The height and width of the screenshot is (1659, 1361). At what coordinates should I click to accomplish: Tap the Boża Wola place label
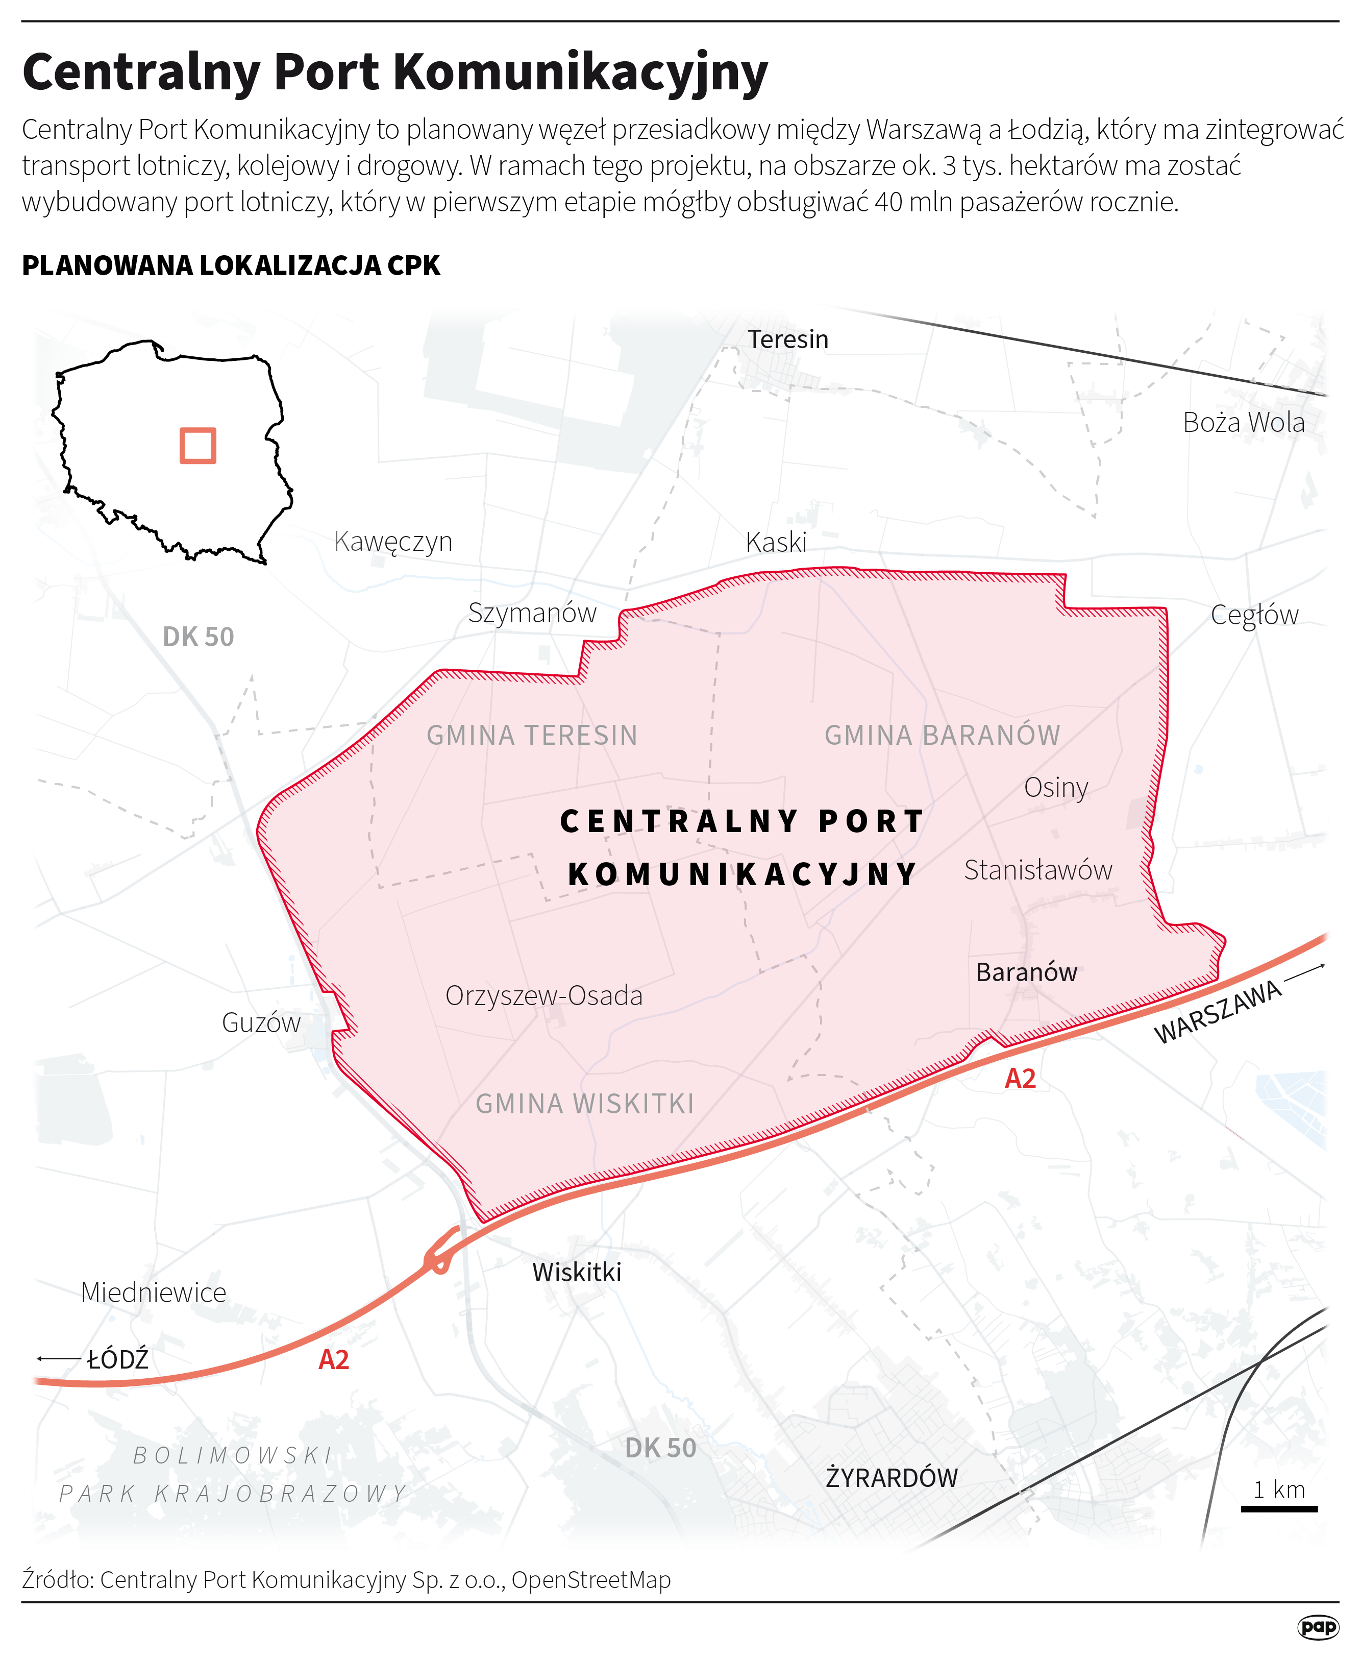click(x=1244, y=423)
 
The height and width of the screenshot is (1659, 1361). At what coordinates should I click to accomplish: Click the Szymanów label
click(x=532, y=613)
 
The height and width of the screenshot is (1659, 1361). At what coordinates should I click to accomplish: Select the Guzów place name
click(x=261, y=1022)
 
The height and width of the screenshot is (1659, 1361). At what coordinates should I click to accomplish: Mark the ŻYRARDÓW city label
click(x=892, y=1478)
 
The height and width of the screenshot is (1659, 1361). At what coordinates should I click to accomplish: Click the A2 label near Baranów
click(x=1020, y=1079)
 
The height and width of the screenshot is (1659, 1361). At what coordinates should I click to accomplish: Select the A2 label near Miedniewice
click(x=333, y=1359)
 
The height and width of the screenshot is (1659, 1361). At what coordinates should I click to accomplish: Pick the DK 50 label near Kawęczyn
click(x=199, y=637)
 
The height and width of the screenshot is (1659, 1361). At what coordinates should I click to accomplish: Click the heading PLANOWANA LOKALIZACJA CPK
click(x=231, y=266)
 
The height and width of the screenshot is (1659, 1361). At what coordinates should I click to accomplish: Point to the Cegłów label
click(x=1254, y=615)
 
